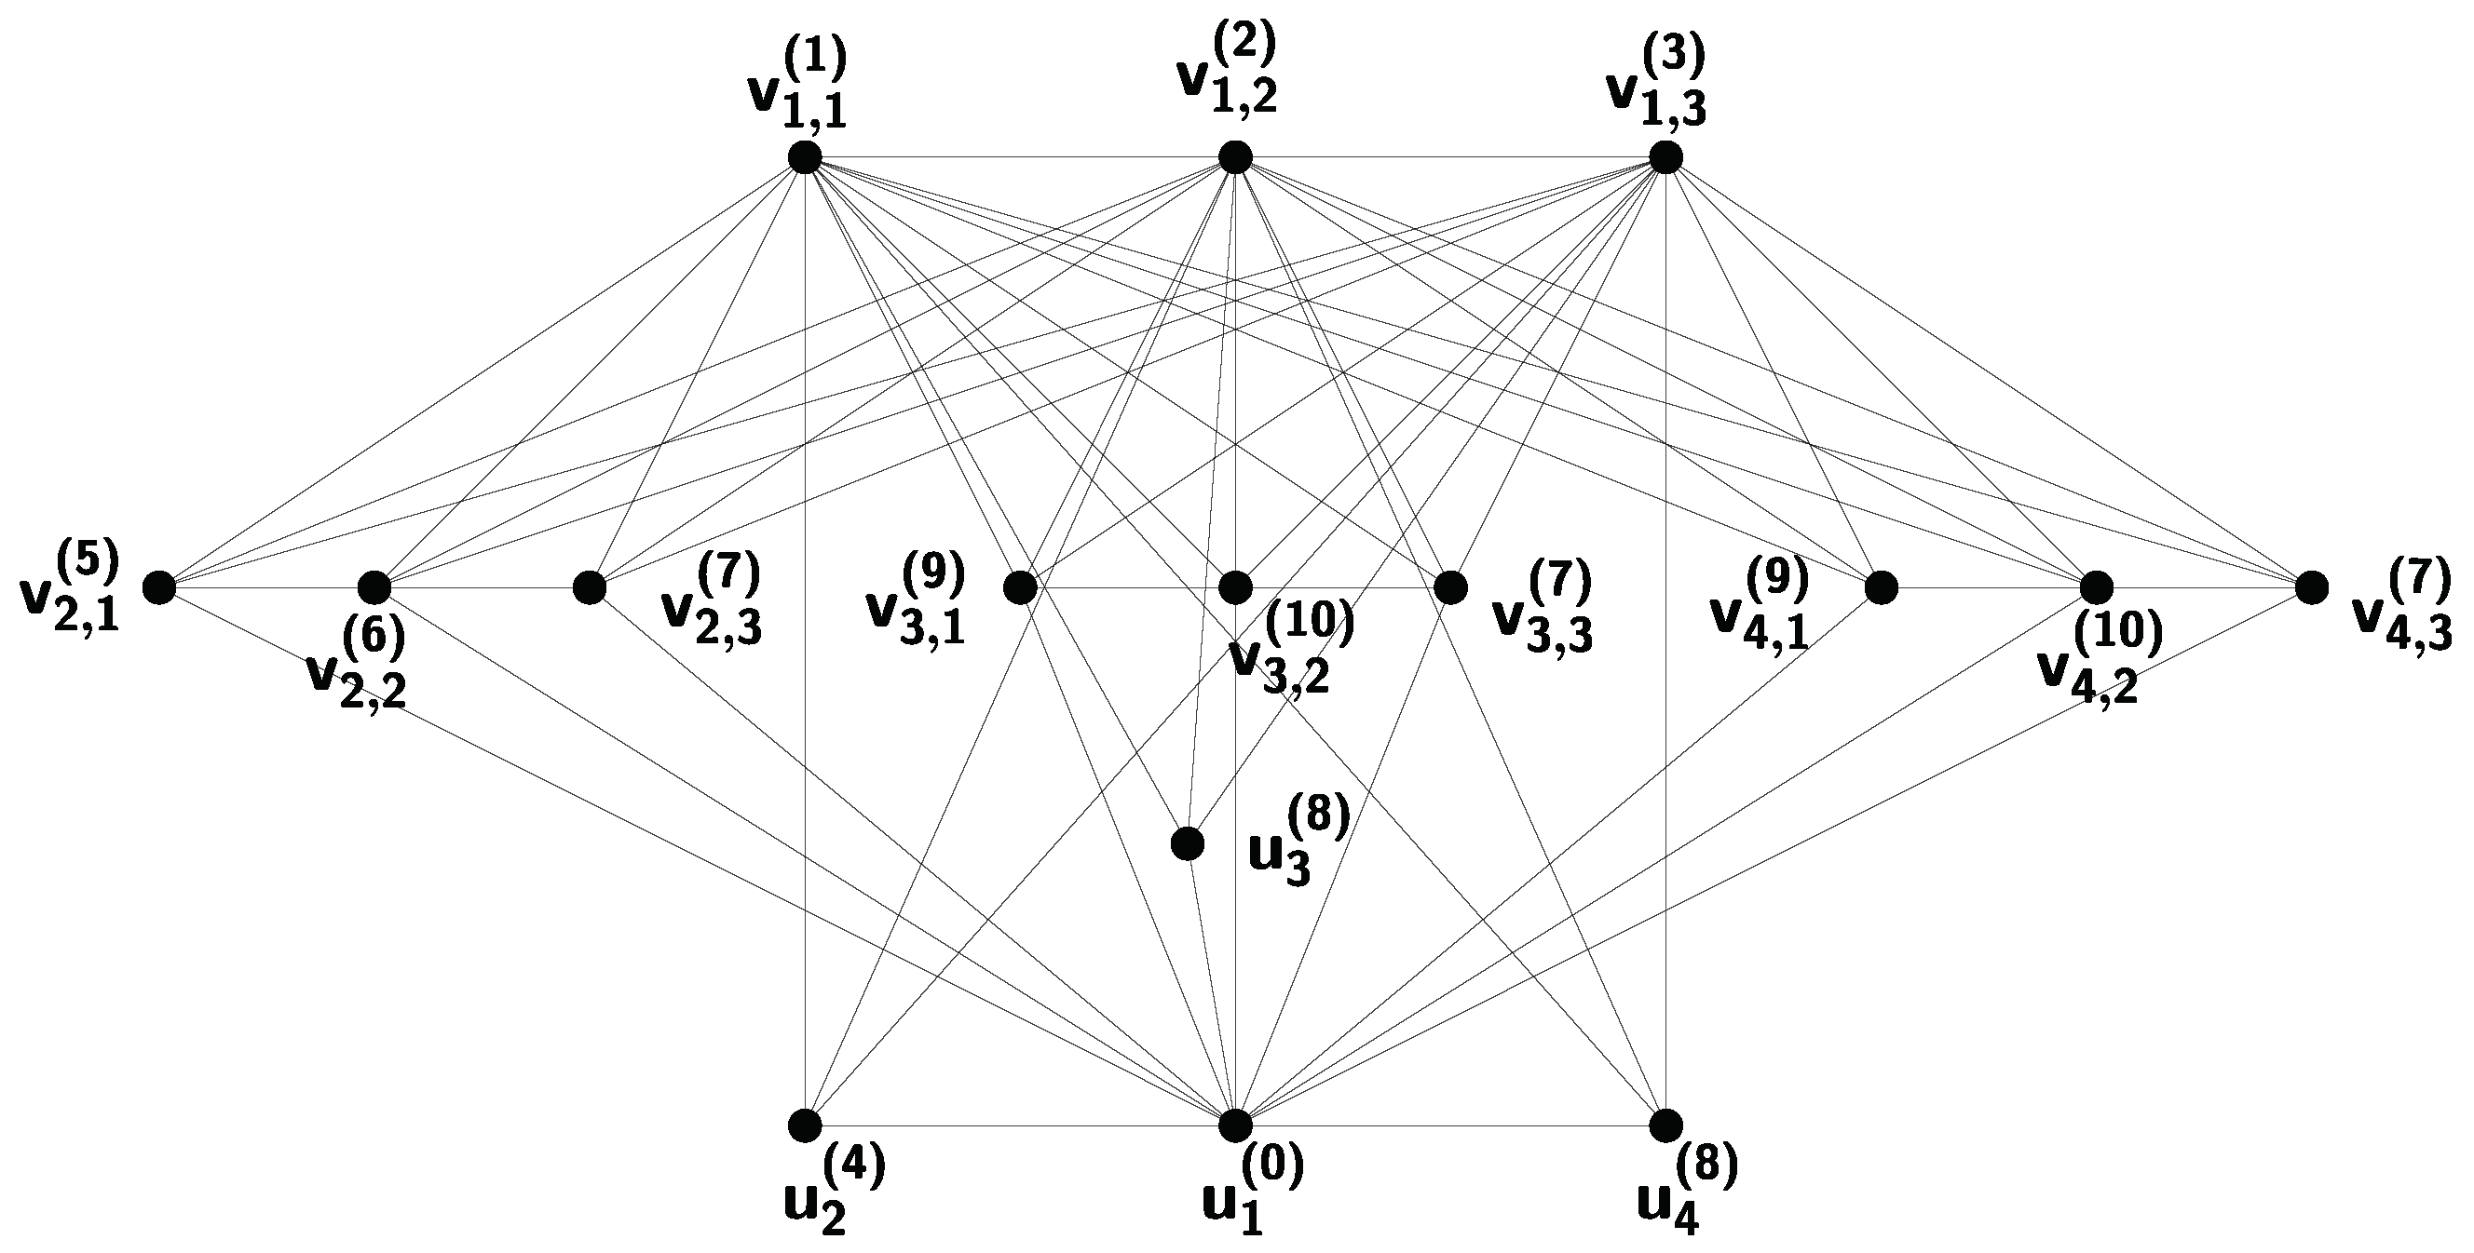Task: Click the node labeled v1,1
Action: pos(805,156)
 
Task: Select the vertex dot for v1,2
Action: pos(1235,156)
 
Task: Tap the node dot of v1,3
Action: pos(1665,156)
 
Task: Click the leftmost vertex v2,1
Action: pos(159,586)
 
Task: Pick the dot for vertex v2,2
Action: pos(374,586)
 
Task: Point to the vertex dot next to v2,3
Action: pos(590,586)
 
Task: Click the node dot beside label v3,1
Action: pos(1020,586)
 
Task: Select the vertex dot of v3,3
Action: pos(1450,586)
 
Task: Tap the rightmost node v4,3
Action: pos(2311,586)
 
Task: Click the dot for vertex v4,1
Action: pos(1881,586)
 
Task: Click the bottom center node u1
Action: pos(1235,1124)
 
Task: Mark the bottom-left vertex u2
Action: pos(805,1124)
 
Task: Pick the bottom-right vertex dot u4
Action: pos(1665,1124)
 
